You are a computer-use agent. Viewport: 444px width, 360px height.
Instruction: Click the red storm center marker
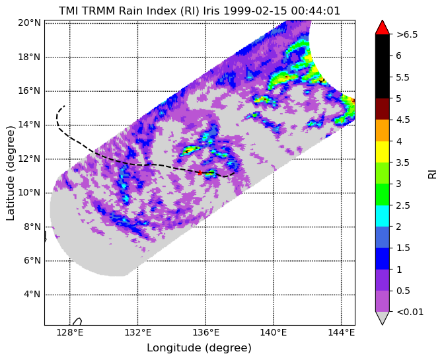[200, 172]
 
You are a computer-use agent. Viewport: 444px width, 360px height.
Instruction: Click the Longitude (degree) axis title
[199, 347]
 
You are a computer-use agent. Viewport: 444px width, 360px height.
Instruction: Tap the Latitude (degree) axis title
[11, 174]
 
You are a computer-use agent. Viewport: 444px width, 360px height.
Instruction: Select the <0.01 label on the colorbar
[409, 312]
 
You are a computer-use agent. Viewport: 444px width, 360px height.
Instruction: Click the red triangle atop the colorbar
[382, 27]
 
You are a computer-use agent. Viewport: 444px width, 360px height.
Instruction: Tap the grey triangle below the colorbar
[382, 318]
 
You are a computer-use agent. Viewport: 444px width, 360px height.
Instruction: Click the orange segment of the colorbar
[382, 130]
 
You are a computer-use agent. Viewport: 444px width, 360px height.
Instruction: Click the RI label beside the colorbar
[433, 173]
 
